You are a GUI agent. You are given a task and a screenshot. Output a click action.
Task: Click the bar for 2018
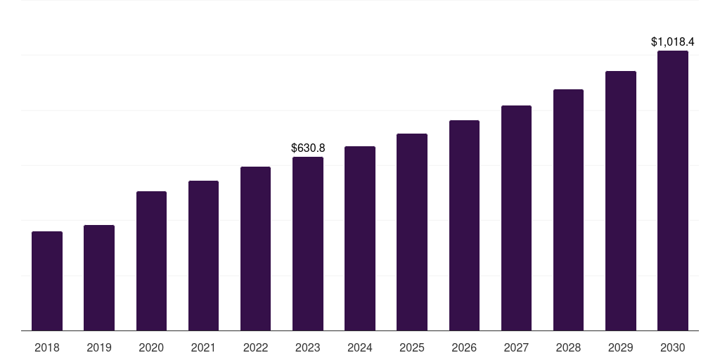47,281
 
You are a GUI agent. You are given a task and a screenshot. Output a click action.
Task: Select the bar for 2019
99,278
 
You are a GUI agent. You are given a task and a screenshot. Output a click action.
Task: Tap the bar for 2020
151,261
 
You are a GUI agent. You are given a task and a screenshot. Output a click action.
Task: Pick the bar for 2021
203,256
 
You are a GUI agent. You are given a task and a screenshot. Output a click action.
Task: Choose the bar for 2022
255,249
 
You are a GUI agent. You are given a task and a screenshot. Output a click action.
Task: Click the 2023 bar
308,244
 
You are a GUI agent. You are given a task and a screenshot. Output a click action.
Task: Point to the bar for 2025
412,232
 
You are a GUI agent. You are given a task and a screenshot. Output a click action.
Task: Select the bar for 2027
516,218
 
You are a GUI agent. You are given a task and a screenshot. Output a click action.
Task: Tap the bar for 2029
621,201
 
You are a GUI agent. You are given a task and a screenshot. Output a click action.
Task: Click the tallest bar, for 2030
673,191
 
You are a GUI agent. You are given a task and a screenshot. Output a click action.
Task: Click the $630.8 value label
308,148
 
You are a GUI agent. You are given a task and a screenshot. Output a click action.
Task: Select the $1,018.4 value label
673,42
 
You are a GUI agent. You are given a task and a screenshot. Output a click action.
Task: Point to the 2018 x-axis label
47,348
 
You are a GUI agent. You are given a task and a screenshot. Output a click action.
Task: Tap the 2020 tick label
151,348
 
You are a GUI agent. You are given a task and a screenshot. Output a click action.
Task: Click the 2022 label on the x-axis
255,348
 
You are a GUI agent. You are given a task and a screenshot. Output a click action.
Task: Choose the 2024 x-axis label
360,348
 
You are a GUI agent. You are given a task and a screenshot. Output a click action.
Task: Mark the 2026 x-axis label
464,348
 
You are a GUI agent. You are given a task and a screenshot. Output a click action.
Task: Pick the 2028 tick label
568,348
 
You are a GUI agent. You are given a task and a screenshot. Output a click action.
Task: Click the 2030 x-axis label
673,348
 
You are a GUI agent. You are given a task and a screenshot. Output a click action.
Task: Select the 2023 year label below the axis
308,348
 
